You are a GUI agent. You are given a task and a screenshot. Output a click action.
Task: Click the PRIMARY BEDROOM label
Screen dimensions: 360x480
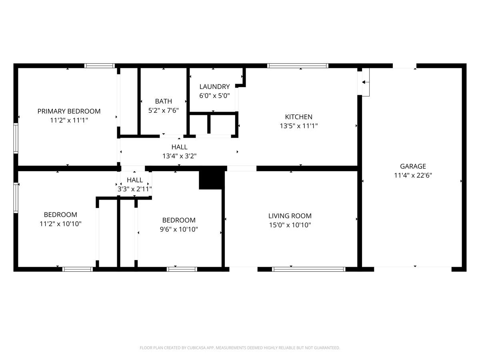(69, 111)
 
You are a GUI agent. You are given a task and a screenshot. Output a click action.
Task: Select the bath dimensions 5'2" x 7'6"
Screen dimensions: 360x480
(163, 110)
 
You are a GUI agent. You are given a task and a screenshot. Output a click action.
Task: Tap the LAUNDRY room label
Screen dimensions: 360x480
(214, 86)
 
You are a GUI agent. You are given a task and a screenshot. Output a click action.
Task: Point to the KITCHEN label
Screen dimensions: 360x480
(298, 117)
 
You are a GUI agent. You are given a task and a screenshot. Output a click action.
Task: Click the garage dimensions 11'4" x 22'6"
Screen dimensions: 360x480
(413, 175)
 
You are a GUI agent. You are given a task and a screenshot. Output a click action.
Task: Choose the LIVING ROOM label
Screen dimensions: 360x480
(290, 216)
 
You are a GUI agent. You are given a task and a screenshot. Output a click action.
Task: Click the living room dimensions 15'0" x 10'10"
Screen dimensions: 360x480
(290, 225)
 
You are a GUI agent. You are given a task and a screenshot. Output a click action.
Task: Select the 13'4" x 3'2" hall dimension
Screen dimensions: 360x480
(179, 156)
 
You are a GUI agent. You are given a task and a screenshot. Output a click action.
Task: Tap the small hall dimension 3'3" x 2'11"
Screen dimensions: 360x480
(134, 189)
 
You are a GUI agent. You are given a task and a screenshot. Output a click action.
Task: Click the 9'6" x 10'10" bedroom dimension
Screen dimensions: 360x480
(178, 229)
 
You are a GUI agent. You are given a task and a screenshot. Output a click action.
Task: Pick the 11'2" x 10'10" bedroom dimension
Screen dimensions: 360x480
(60, 224)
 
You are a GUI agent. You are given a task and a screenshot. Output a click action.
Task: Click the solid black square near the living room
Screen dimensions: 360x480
(211, 178)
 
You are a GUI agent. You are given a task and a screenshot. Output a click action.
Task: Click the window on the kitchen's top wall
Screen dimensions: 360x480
(298, 66)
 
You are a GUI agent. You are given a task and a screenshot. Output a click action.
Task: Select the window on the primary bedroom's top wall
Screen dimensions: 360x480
(100, 66)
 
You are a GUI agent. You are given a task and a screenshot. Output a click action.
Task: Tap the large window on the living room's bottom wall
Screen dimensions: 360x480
(308, 269)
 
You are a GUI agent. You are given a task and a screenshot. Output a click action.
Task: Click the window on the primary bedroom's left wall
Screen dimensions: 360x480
(16, 138)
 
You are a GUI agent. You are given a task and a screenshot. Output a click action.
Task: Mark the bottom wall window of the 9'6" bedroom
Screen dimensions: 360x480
(182, 269)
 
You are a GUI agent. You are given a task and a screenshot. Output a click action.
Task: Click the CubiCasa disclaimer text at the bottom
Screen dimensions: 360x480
(240, 348)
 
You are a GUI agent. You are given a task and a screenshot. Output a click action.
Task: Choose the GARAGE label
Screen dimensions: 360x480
(413, 166)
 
